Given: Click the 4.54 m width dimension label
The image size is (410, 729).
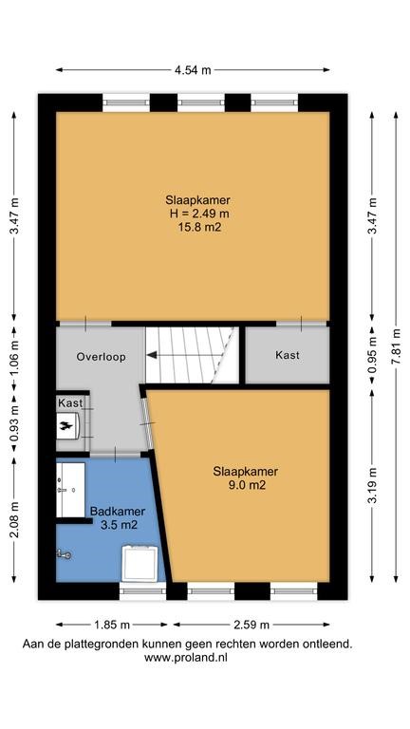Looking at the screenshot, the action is tap(193, 70).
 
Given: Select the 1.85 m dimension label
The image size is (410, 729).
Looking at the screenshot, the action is tap(112, 625).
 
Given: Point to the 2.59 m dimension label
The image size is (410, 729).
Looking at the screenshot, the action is tap(251, 625).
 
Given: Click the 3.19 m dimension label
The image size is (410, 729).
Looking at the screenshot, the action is tap(373, 486).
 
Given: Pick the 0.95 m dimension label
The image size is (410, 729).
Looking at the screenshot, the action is tap(373, 356).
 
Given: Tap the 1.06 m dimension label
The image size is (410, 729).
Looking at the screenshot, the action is tap(14, 356).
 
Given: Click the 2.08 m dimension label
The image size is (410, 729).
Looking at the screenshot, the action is tap(14, 519).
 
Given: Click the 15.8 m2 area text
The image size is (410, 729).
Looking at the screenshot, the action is tap(198, 228).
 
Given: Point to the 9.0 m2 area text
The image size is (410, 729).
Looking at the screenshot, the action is tap(246, 486).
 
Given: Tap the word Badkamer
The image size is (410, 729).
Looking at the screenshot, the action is tap(118, 512).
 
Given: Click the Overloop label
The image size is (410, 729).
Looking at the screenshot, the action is tap(101, 357).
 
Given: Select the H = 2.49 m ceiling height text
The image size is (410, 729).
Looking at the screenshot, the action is tap(198, 214).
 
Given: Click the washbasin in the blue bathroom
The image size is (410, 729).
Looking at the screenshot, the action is tap(70, 490).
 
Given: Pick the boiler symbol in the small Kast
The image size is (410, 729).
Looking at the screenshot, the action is tap(69, 425).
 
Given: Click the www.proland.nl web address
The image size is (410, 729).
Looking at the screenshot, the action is tap(186, 658).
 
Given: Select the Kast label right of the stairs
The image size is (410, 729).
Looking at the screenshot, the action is tap(288, 355).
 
